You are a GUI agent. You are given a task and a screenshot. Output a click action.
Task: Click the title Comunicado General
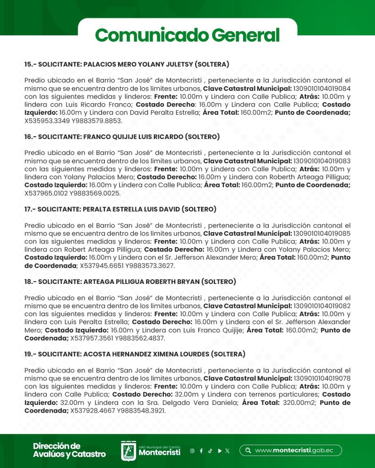click(x=187, y=35)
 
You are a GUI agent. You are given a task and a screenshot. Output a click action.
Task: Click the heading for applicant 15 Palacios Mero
click(x=127, y=64)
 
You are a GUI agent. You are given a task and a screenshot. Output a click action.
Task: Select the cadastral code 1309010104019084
click(x=322, y=88)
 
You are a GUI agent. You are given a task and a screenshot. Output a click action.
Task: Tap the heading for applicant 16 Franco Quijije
click(x=122, y=137)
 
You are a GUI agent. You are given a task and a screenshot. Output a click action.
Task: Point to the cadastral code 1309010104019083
click(x=322, y=161)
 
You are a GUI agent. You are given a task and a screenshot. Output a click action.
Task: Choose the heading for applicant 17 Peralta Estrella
click(x=120, y=209)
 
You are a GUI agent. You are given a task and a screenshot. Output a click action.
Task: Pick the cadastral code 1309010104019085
click(x=322, y=233)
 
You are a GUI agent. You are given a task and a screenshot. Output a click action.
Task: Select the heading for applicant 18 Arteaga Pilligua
click(x=130, y=282)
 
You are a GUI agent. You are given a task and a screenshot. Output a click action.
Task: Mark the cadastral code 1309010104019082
click(x=322, y=306)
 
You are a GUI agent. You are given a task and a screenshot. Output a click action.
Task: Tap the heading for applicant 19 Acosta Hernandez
click(x=135, y=354)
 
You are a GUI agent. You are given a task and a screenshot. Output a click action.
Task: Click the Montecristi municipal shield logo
click(x=128, y=451)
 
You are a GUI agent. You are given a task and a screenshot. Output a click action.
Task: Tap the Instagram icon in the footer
click(x=192, y=451)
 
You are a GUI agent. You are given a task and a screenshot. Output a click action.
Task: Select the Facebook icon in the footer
click(x=201, y=451)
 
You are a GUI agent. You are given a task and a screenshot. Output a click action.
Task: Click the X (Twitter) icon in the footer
click(x=228, y=451)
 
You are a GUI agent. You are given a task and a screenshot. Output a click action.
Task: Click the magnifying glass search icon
click(x=248, y=450)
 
